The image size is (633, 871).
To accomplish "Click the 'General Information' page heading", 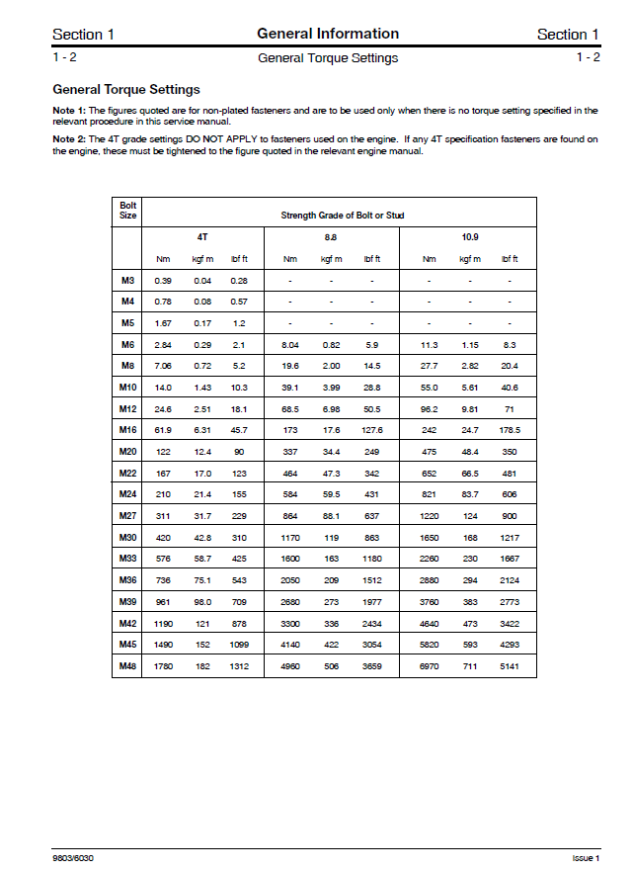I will pos(328,34).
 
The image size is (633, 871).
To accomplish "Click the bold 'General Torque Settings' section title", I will pos(126,90).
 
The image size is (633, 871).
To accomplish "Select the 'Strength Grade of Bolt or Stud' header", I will pos(342,216).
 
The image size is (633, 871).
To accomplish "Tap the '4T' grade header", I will pos(203,238).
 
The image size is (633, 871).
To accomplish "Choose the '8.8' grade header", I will pos(331,238).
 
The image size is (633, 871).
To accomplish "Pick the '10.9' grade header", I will pos(469,238).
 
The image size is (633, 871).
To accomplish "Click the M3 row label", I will pos(127,281).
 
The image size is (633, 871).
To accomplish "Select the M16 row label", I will pos(127,430).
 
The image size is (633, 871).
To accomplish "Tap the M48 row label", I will pos(127,666).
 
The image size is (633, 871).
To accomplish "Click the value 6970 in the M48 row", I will pos(429,666).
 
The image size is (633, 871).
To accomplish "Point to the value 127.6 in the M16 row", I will pos(372,430).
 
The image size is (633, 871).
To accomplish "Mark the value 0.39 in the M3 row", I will pos(163,281).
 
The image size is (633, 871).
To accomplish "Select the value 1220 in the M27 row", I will pos(429,516).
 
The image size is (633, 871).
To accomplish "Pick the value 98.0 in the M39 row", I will pos(202,602).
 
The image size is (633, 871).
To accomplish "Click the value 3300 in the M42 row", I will pos(290,624).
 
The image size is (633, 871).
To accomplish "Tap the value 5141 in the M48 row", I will pos(510,666).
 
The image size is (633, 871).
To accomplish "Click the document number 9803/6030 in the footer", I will pos(74,857).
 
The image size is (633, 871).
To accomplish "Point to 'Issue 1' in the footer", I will pos(586,857).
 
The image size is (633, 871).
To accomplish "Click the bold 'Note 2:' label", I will pos(70,140).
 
